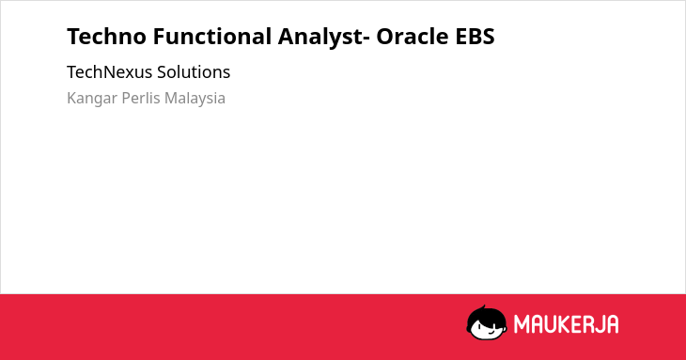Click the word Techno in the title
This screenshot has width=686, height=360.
pos(106,37)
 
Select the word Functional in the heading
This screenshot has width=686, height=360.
pos(212,37)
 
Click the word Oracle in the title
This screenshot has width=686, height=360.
pos(413,37)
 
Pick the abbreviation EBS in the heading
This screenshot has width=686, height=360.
pos(475,37)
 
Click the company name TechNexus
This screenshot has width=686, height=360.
pos(109,72)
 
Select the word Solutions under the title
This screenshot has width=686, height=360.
pos(194,72)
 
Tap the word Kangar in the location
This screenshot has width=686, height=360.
pos(92,99)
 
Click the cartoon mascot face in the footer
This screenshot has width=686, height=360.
pos(487,322)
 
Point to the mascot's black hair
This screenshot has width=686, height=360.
pos(485,315)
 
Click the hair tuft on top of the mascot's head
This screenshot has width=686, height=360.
pos(483,307)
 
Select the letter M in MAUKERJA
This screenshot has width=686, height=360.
pos(522,324)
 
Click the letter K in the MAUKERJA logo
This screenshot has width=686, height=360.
pos(562,324)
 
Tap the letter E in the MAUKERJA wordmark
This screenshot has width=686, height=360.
pos(575,324)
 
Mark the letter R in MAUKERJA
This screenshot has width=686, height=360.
pos(587,324)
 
